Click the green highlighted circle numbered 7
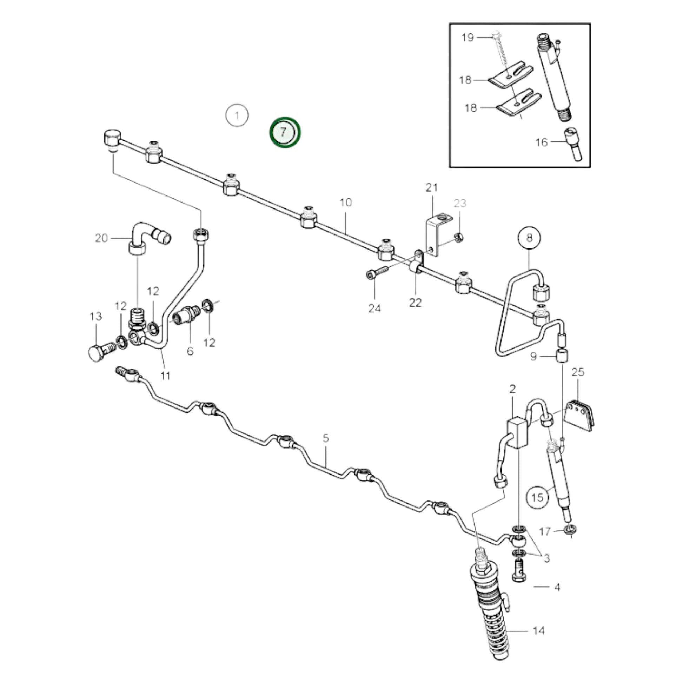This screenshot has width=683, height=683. point(285,132)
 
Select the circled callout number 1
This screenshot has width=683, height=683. point(237,115)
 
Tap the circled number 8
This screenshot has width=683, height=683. point(529,237)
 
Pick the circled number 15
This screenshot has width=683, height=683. point(537,498)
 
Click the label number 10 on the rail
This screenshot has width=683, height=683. point(345,203)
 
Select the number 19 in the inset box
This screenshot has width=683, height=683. point(468,37)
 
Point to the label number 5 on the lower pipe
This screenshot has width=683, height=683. point(326,438)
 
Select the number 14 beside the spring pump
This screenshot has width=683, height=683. point(538,630)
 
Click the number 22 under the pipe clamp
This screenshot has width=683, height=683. point(415,303)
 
